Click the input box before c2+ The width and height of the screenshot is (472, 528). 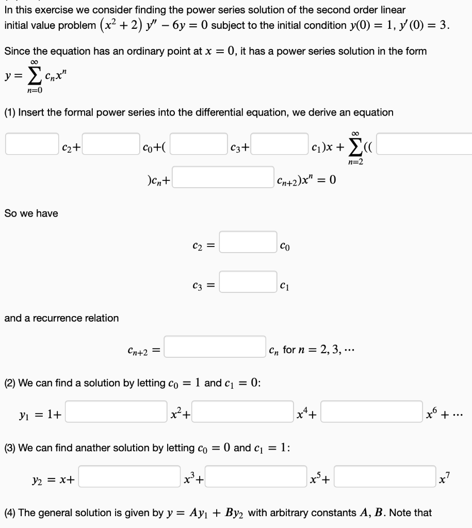click(32, 143)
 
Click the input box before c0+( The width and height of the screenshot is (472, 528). click(110, 143)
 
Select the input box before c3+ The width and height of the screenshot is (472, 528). click(199, 143)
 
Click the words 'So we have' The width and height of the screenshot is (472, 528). click(31, 213)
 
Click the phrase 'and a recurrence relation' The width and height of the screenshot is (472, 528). click(61, 318)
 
